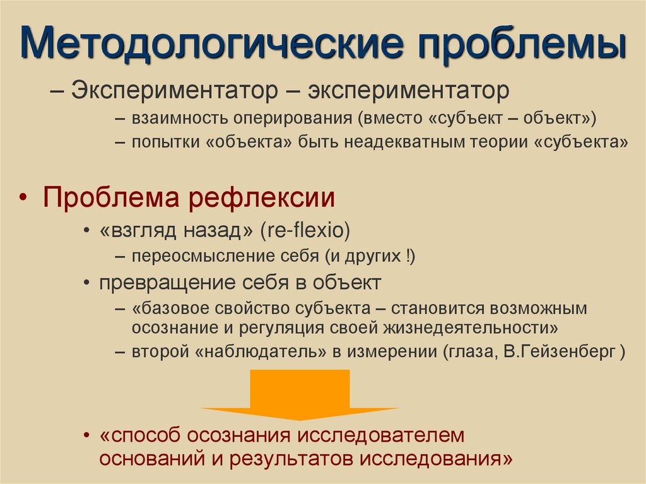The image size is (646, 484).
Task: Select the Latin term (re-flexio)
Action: (x=303, y=231)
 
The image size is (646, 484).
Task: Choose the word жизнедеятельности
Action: (x=468, y=328)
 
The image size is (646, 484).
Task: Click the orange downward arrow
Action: (x=300, y=394)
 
